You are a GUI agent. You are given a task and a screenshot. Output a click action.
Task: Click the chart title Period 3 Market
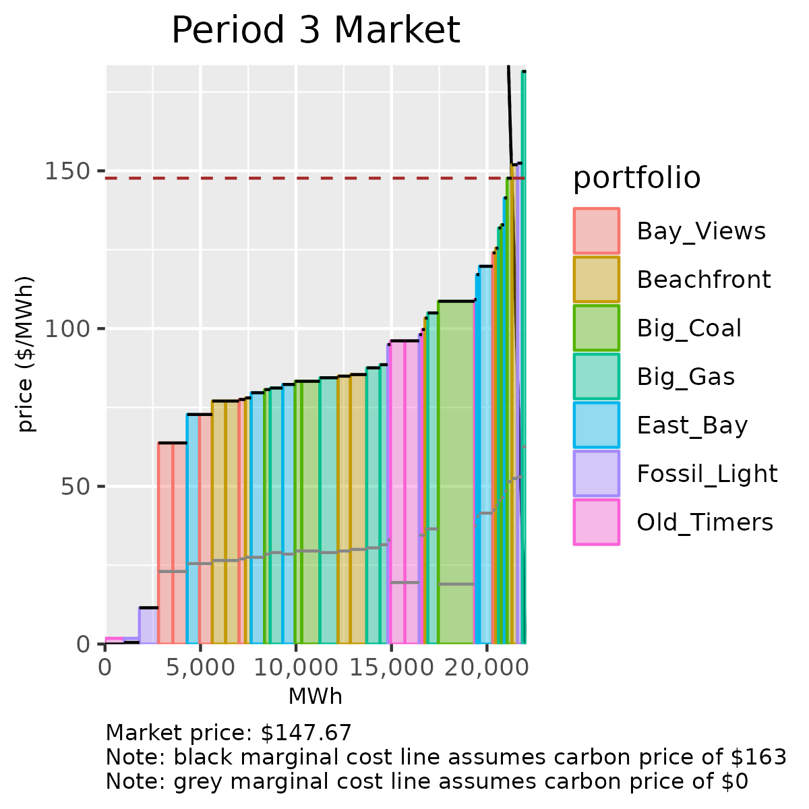pyautogui.click(x=316, y=30)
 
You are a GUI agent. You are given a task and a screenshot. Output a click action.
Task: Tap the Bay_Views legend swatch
pyautogui.click(x=597, y=231)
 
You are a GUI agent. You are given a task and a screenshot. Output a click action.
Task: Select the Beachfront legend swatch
pyautogui.click(x=597, y=279)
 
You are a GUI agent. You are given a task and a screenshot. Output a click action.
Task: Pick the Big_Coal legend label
pyautogui.click(x=689, y=328)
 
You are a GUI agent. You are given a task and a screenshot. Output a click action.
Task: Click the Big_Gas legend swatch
pyautogui.click(x=597, y=376)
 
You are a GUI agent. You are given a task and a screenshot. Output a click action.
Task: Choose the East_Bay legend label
pyautogui.click(x=692, y=425)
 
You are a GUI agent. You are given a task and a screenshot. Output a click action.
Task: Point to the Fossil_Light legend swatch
pyautogui.click(x=597, y=473)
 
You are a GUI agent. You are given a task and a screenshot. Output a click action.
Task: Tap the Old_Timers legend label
pyautogui.click(x=705, y=522)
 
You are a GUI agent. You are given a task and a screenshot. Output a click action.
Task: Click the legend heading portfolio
pyautogui.click(x=636, y=178)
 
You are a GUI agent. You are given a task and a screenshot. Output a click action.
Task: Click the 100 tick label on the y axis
pyautogui.click(x=67, y=329)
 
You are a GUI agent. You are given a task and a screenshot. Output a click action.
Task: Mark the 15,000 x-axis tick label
pyautogui.click(x=391, y=667)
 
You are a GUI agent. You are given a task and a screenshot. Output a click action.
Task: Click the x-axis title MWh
pyautogui.click(x=316, y=696)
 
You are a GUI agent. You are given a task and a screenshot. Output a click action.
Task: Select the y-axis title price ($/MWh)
pyautogui.click(x=26, y=354)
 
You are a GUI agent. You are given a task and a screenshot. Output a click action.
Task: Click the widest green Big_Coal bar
pyautogui.click(x=456, y=472)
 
